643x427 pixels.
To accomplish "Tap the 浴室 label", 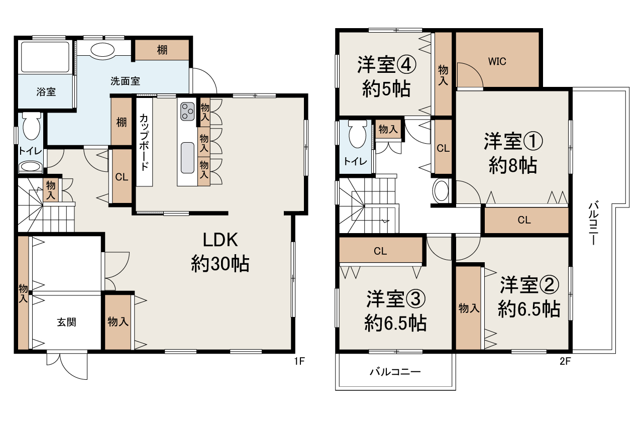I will coord(46,92).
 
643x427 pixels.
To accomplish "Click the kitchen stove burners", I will coord(188,111).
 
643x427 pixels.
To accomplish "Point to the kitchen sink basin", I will coord(187,157).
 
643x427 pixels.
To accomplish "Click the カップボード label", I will coord(144,143).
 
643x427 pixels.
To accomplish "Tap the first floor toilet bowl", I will coord(31,127).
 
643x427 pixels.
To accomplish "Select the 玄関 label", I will coord(66,323).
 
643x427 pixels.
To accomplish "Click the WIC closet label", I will coord(497,61).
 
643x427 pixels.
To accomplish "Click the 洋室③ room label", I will coord(395,311).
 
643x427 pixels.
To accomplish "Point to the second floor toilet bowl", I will coord(357,134).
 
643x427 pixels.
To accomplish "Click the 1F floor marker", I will coord(299,361).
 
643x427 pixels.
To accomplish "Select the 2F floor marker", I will coord(566,361).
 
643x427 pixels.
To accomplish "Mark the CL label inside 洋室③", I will coord(380,251).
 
